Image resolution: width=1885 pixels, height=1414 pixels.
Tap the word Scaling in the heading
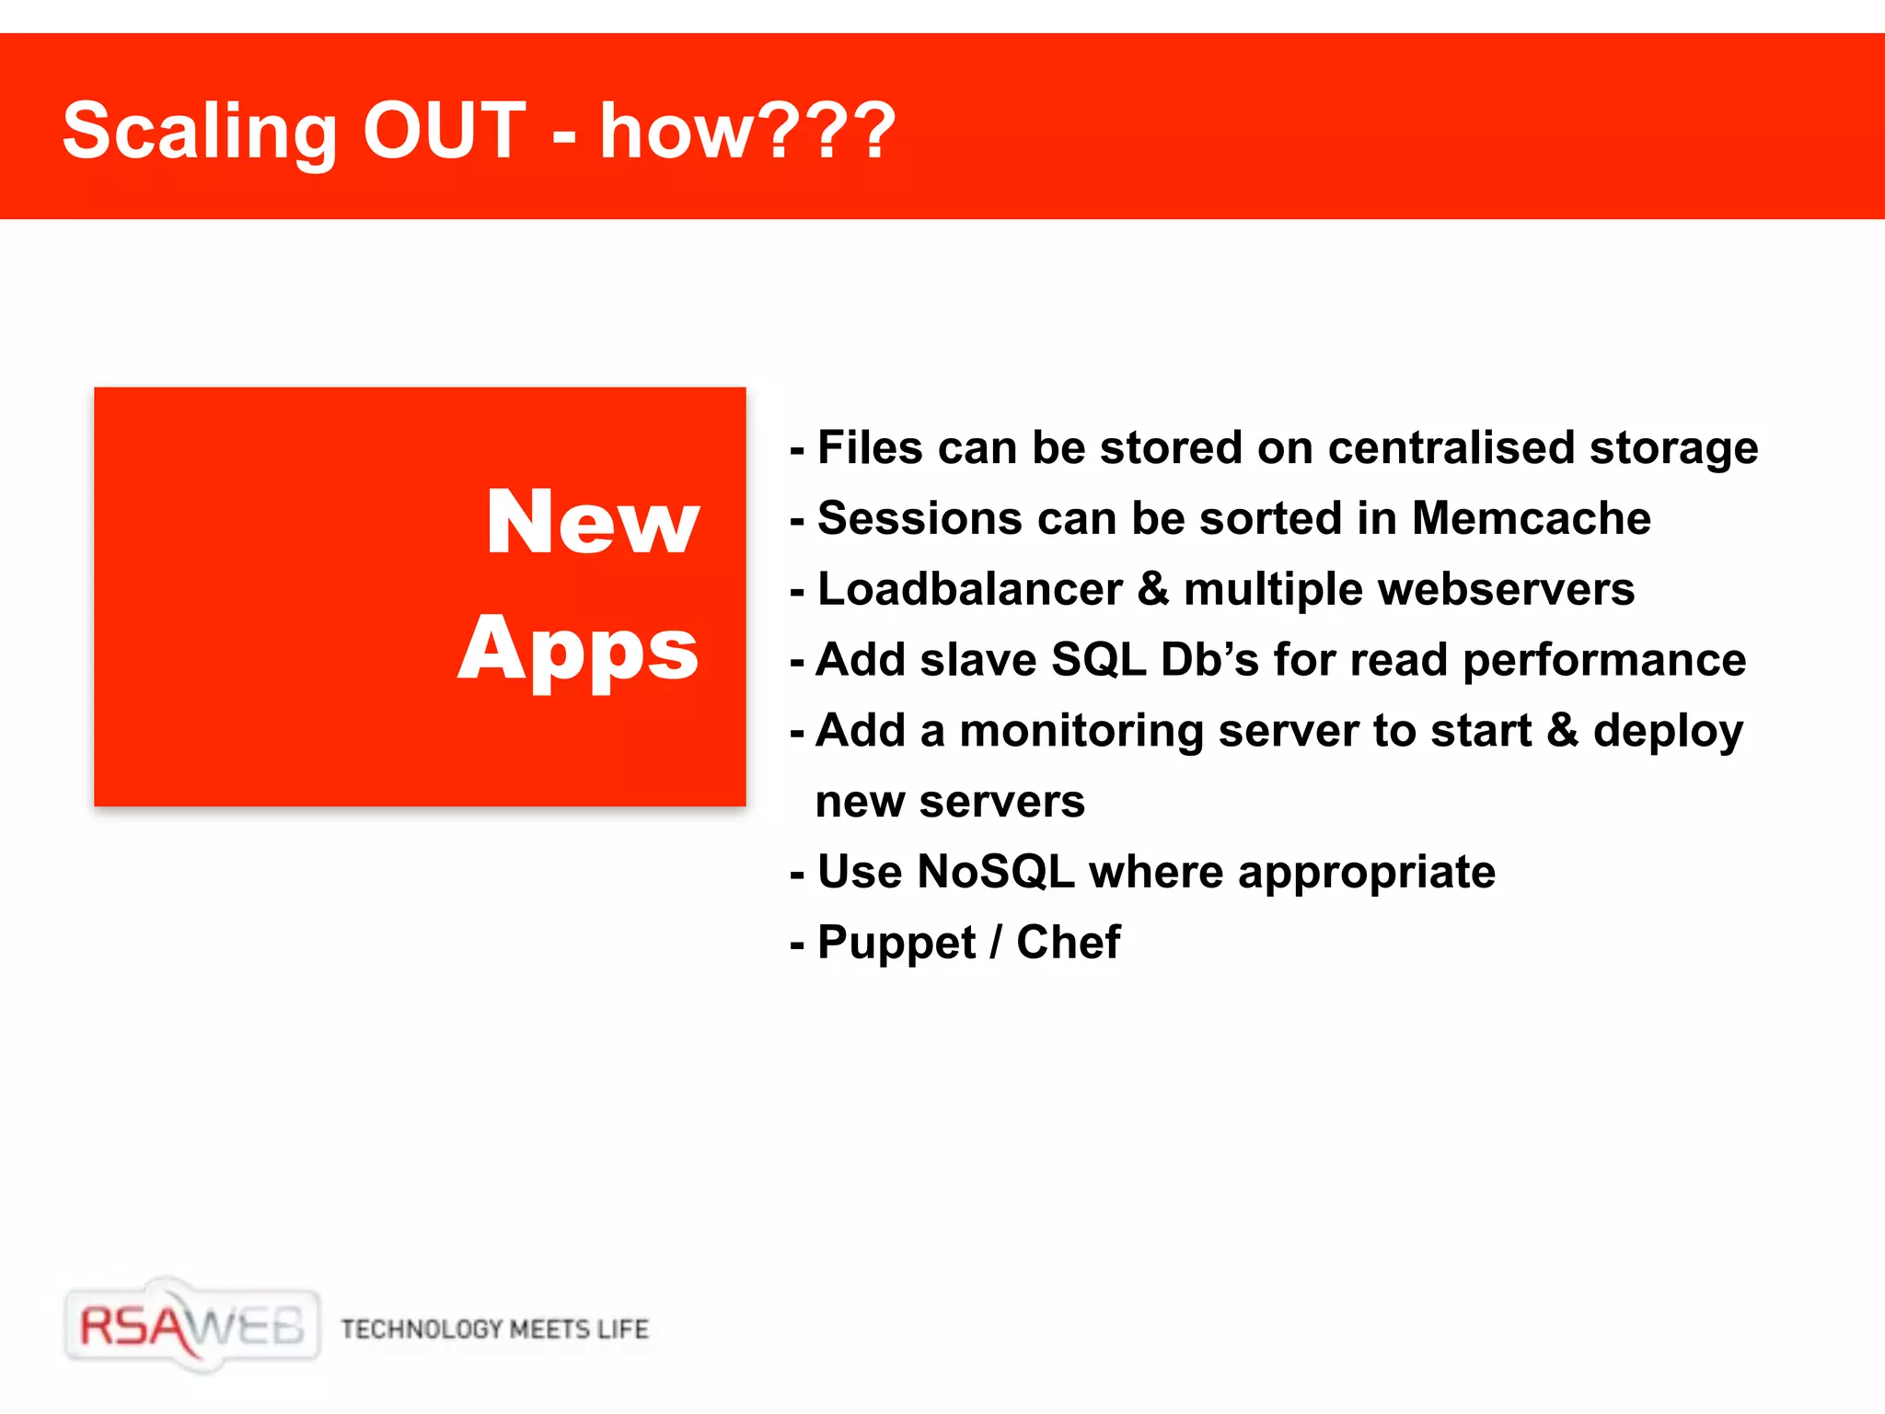(x=200, y=133)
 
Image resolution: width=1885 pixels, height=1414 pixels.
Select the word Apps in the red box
(x=579, y=650)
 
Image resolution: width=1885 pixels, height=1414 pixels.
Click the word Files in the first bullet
(x=870, y=448)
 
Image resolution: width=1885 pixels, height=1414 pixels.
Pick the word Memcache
(x=1531, y=518)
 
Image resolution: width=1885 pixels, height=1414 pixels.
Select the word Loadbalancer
(x=969, y=589)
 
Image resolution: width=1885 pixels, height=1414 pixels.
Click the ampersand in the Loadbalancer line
(x=1152, y=589)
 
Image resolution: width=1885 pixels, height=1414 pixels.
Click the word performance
(x=1603, y=660)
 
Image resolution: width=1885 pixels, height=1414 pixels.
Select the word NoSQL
(x=996, y=872)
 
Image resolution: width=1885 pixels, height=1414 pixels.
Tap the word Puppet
(x=896, y=944)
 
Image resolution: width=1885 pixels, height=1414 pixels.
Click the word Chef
(x=1068, y=942)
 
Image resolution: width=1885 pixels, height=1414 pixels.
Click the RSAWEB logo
(x=192, y=1327)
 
